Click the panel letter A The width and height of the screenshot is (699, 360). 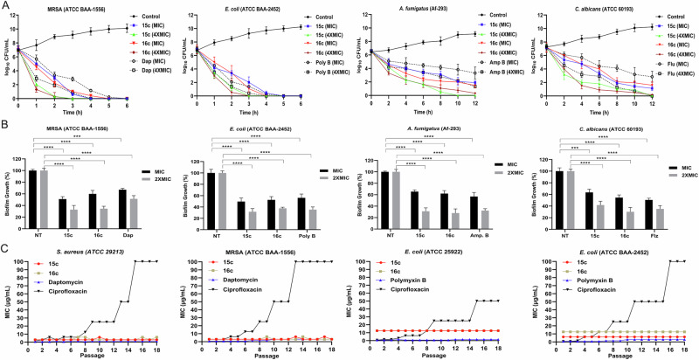coord(6,5)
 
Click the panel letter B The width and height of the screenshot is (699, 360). coord(6,128)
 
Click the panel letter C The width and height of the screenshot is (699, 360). coord(6,248)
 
